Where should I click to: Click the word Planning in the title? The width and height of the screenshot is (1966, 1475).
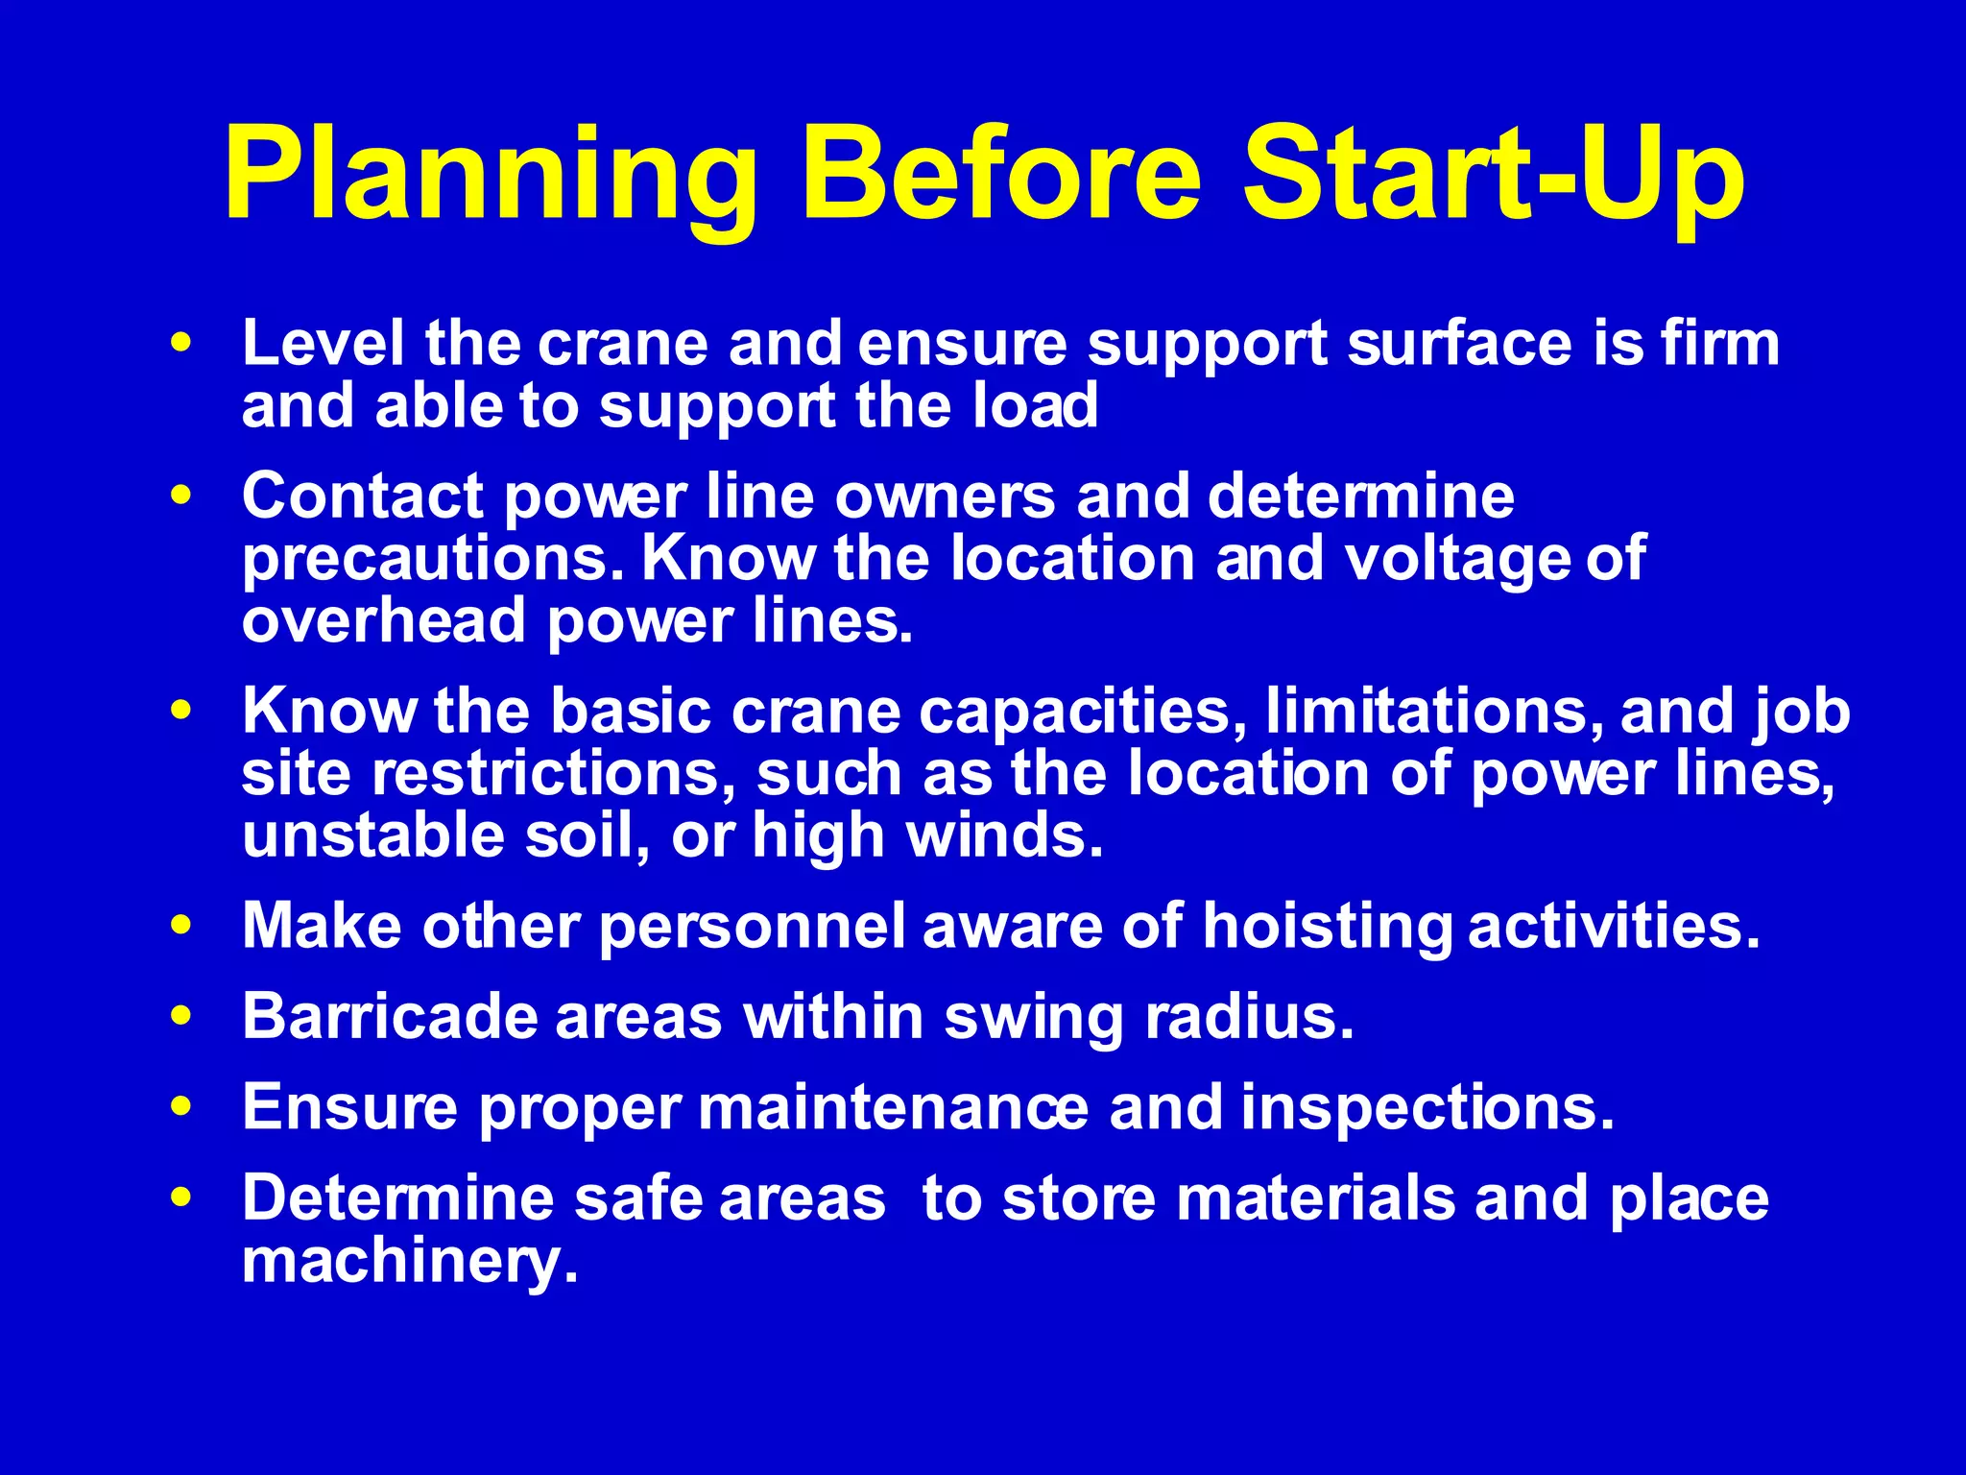pyautogui.click(x=491, y=178)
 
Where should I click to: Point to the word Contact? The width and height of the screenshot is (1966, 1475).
pyautogui.click(x=362, y=496)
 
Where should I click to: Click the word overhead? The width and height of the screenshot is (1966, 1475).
pyautogui.click(x=383, y=620)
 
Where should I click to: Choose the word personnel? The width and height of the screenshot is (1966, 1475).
pyautogui.click(x=752, y=928)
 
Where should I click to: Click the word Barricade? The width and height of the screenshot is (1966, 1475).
pyautogui.click(x=389, y=1017)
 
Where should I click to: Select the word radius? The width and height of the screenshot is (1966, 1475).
pyautogui.click(x=1249, y=1017)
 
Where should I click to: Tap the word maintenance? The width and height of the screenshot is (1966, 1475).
pyautogui.click(x=893, y=1108)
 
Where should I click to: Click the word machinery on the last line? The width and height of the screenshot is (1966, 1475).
pyautogui.click(x=410, y=1262)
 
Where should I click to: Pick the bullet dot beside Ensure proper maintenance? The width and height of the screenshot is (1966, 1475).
pyautogui.click(x=180, y=1107)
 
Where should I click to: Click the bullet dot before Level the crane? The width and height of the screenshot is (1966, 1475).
pyautogui.click(x=180, y=343)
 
